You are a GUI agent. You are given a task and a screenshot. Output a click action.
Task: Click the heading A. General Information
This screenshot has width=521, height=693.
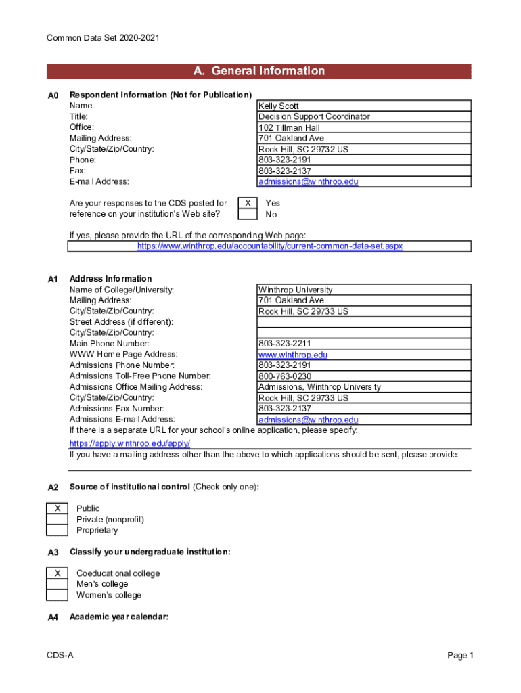click(x=259, y=71)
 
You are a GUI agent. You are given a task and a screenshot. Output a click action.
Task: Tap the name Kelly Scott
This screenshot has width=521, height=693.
click(x=278, y=106)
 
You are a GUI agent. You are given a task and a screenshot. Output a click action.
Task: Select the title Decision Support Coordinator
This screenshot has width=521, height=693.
click(x=314, y=117)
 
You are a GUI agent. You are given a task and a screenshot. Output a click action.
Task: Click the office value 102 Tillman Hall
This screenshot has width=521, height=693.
click(x=289, y=128)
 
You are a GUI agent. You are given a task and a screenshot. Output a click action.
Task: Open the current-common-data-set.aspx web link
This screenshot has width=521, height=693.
click(x=269, y=246)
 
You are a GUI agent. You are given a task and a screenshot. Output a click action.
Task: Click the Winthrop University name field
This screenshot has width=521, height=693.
click(x=295, y=290)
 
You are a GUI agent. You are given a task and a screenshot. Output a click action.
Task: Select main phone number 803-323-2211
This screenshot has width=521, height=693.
click(x=285, y=344)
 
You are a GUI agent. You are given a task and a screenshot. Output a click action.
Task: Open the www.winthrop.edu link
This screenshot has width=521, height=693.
click(x=292, y=355)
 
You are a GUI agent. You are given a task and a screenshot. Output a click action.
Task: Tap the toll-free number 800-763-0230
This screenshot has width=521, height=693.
click(x=285, y=376)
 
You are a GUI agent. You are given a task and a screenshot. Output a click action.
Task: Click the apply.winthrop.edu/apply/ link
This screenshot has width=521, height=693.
click(x=130, y=443)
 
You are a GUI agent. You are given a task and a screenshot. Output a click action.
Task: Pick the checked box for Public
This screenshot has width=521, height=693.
click(x=58, y=508)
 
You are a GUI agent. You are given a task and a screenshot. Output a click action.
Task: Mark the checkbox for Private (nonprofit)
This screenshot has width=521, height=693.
click(x=58, y=519)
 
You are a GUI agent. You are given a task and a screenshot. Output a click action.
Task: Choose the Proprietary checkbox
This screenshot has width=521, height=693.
click(x=58, y=530)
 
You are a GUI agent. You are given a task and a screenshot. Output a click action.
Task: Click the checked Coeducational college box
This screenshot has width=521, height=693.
click(x=58, y=573)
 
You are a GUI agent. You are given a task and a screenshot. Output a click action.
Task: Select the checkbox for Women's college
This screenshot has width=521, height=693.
click(x=58, y=595)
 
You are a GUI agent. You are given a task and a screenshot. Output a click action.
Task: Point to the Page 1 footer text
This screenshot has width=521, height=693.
click(x=460, y=656)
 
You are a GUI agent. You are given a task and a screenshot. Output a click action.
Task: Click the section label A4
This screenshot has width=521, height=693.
click(x=53, y=617)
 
